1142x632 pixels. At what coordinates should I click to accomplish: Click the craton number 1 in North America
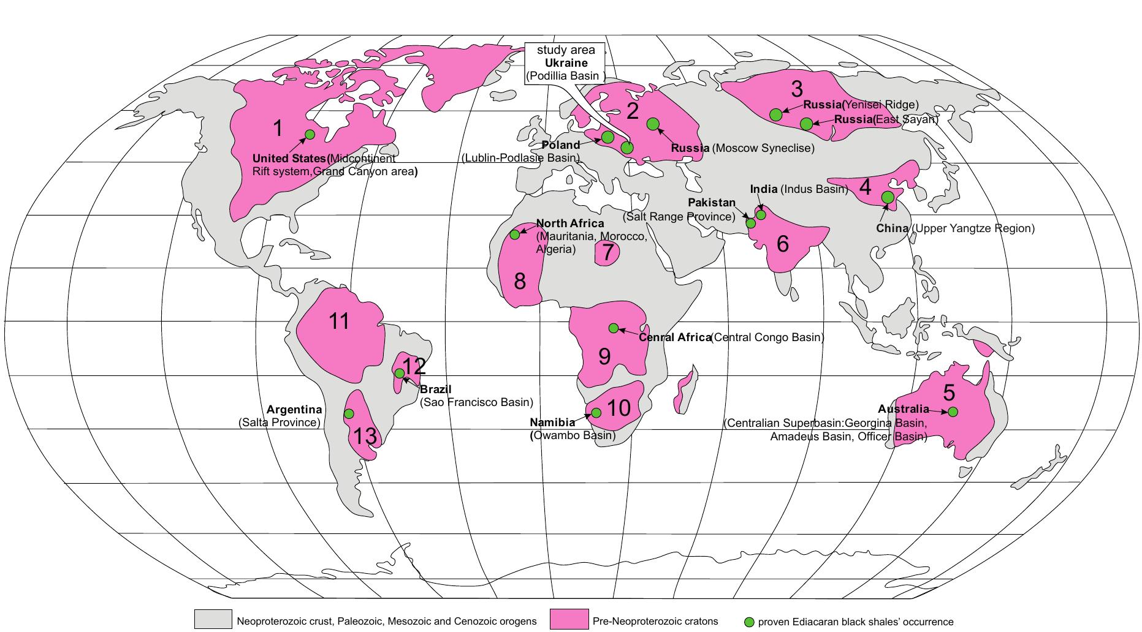(x=278, y=129)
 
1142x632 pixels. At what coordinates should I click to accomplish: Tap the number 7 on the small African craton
(x=607, y=252)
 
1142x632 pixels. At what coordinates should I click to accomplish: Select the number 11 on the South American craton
(x=339, y=321)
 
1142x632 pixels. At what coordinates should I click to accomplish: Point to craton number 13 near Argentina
(x=364, y=437)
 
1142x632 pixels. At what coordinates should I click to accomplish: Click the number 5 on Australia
(x=949, y=391)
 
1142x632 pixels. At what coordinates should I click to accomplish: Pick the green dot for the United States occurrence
(x=310, y=134)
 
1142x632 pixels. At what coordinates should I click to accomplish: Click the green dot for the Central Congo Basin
(x=614, y=328)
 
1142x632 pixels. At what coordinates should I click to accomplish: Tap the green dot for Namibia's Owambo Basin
(x=596, y=413)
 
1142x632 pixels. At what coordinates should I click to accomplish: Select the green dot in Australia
(x=953, y=412)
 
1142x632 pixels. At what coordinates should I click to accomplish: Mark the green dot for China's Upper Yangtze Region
(x=887, y=197)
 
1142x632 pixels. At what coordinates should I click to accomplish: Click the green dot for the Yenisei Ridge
(x=776, y=115)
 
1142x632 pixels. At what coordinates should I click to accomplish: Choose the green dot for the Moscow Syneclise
(x=653, y=124)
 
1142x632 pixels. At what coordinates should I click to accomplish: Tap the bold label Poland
(x=561, y=145)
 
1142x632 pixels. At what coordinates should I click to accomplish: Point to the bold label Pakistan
(x=711, y=203)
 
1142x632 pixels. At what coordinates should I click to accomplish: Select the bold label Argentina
(x=294, y=410)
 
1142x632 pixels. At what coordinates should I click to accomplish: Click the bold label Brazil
(x=435, y=389)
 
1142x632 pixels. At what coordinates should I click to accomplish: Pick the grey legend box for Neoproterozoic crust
(x=213, y=619)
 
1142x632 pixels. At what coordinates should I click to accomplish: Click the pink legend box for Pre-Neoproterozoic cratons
(x=568, y=619)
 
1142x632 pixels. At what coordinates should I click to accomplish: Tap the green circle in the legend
(x=748, y=622)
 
